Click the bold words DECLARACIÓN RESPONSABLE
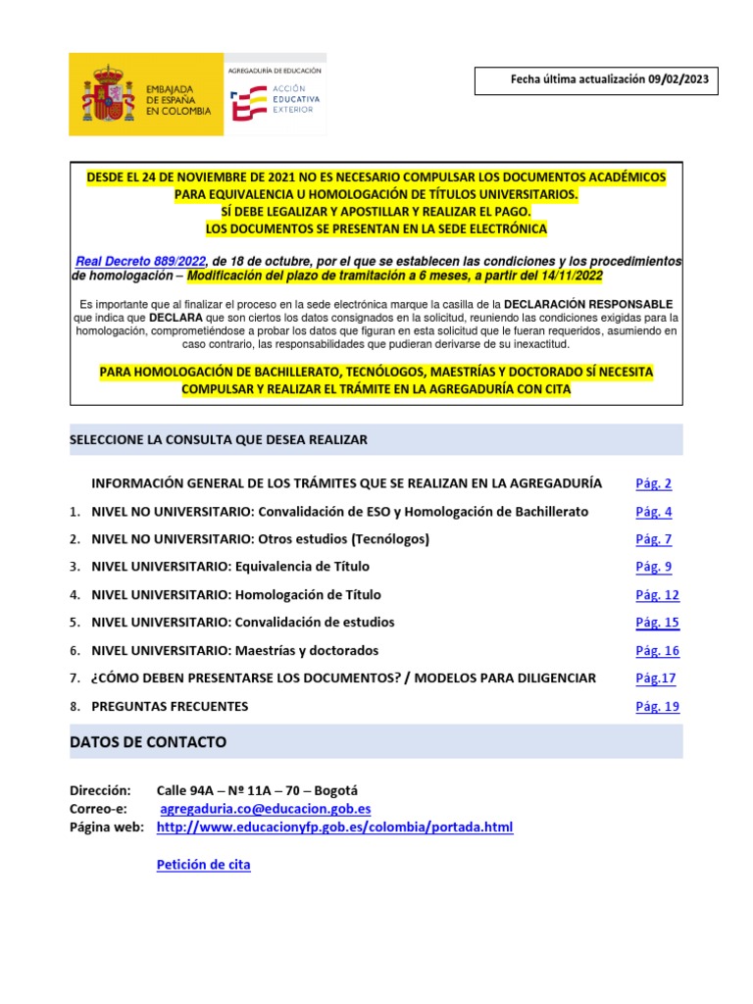tap(589, 304)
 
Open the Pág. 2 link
tap(653, 483)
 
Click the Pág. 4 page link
tap(653, 512)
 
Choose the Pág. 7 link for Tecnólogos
tap(653, 539)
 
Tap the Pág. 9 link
tap(653, 567)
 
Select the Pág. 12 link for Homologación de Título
tap(657, 595)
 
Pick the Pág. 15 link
tap(657, 623)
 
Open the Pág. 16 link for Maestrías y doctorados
tap(657, 651)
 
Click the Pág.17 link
tap(655, 678)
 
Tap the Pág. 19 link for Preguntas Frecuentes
tap(657, 707)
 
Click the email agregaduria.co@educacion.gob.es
tap(266, 809)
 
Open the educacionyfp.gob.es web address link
tap(334, 828)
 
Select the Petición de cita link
tap(203, 865)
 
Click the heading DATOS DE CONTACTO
tap(148, 742)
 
